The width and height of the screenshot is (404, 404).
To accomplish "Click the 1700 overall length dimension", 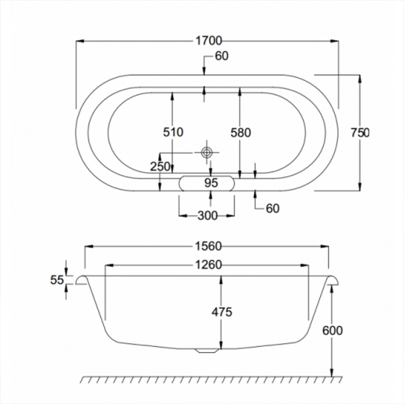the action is click(208, 40).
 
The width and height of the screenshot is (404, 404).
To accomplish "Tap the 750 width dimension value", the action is click(360, 133).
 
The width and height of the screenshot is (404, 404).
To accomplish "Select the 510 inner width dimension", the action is click(173, 132).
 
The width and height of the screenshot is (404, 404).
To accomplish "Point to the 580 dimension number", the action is click(241, 133).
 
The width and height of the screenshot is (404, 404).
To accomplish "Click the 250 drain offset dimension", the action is click(160, 167).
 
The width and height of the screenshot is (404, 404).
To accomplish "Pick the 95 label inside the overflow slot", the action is click(211, 183).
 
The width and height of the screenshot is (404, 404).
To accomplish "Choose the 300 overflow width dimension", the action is click(208, 216).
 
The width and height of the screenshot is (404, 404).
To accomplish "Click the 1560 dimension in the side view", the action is click(208, 246).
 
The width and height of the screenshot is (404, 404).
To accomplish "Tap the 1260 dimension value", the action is click(208, 265).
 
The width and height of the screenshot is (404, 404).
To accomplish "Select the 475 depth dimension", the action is click(222, 312).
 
